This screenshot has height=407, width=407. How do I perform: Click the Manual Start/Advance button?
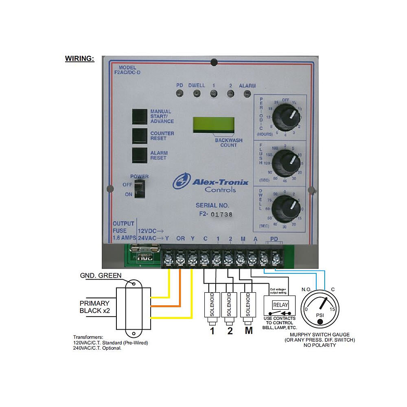140,116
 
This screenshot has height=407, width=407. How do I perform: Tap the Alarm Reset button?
140,155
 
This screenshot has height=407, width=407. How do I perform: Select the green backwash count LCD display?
214,125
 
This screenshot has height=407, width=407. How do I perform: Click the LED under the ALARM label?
247,94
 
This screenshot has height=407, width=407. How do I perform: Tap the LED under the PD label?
179,94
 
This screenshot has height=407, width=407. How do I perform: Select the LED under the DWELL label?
197,94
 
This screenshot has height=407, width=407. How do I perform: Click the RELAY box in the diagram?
280,305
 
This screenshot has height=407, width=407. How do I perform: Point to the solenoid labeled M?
248,305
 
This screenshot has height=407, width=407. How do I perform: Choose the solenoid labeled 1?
212,305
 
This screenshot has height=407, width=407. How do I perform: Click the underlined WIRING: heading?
80,59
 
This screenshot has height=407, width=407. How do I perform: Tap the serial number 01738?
221,214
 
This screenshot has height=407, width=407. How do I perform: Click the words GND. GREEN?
101,276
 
